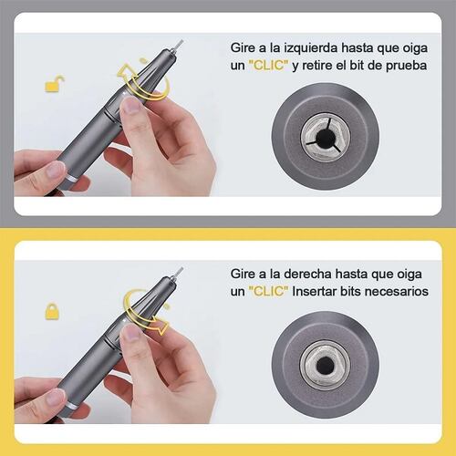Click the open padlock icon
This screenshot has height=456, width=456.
pyautogui.click(x=55, y=84)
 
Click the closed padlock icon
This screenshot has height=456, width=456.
pyautogui.click(x=52, y=311)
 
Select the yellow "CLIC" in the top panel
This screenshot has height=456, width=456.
pyautogui.click(x=268, y=65)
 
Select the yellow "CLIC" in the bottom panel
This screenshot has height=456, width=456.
pyautogui.click(x=268, y=291)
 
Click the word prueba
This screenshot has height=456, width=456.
pyautogui.click(x=407, y=67)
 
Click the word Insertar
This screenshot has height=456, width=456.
pyautogui.click(x=314, y=291)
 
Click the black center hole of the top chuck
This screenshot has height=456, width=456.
pyautogui.click(x=326, y=139)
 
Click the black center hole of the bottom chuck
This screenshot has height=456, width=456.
pyautogui.click(x=326, y=365)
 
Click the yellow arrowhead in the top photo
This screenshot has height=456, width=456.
pyautogui.click(x=124, y=71)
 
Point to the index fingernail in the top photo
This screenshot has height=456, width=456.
pyautogui.click(x=131, y=105)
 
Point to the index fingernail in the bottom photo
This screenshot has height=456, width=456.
pyautogui.click(x=130, y=332)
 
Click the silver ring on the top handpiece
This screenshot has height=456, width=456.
pyautogui.click(x=72, y=179)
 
